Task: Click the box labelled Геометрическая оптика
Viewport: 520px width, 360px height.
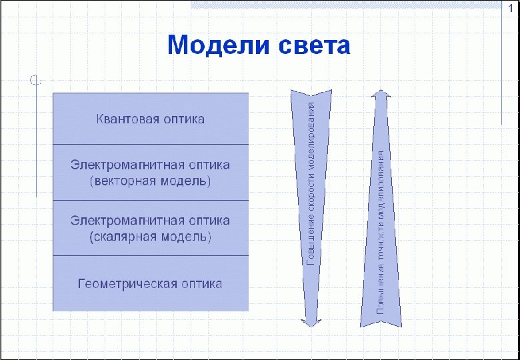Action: click(151, 283)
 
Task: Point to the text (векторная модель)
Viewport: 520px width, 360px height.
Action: click(150, 181)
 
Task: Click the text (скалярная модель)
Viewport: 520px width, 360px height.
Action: click(150, 237)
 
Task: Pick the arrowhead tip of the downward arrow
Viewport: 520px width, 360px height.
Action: click(309, 325)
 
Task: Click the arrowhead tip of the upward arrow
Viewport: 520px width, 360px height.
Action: click(381, 91)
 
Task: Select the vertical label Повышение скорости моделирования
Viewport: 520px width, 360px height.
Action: click(311, 182)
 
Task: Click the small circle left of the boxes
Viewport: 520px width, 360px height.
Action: click(35, 81)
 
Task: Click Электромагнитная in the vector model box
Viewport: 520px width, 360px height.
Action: click(127, 165)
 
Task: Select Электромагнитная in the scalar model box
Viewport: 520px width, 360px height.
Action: click(127, 221)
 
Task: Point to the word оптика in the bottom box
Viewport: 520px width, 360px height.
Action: click(201, 283)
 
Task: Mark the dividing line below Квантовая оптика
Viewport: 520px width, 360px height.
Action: click(151, 144)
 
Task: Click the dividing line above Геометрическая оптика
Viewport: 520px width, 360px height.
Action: click(151, 255)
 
